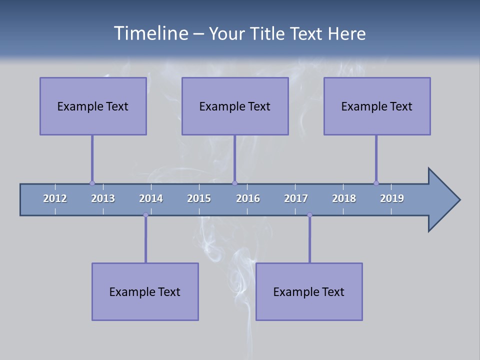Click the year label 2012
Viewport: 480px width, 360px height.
coord(55,198)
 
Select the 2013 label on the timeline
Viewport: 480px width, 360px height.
coord(103,198)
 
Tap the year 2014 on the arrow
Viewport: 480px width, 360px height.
coord(151,198)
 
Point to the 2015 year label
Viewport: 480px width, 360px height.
coord(199,198)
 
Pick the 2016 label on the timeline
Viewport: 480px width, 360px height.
coord(248,198)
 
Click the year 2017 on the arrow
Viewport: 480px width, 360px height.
coord(296,198)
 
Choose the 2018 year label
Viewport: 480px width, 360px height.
coord(344,198)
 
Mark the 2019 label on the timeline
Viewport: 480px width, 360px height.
coord(392,198)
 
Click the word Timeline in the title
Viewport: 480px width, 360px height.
coord(150,33)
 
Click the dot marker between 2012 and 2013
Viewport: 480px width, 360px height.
coord(92,183)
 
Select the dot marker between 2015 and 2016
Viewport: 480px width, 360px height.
coord(234,183)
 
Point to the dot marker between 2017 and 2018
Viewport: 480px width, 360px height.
coord(309,215)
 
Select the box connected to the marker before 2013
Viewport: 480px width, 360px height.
coord(93,106)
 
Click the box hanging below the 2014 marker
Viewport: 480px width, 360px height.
coord(145,291)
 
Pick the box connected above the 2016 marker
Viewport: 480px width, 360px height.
coord(235,106)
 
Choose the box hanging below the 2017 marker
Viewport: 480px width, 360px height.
coord(309,291)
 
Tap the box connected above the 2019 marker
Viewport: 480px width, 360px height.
coord(377,106)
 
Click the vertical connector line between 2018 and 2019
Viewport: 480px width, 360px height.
coord(376,158)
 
